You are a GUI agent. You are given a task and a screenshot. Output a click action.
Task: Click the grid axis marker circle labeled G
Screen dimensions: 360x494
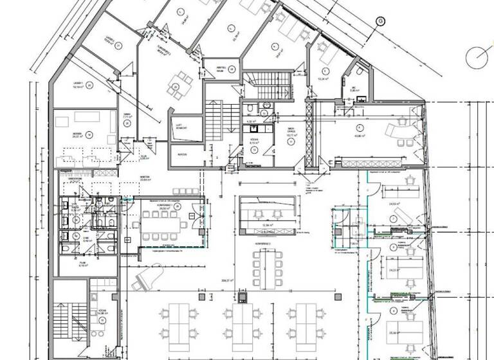(380, 21)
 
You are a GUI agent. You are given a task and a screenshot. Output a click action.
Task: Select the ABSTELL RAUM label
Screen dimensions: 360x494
(218, 71)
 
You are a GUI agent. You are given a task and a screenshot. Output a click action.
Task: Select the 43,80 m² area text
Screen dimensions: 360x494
(354, 135)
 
